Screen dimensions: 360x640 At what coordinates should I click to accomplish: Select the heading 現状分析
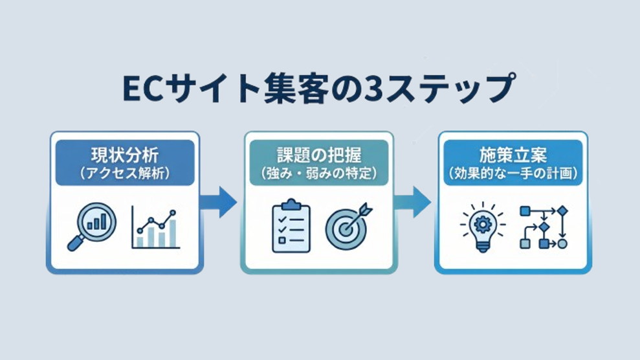(124, 155)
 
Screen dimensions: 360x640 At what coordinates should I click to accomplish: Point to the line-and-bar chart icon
(155, 228)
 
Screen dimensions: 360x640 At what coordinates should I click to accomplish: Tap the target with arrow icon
(348, 227)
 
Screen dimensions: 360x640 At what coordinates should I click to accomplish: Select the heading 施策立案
(513, 155)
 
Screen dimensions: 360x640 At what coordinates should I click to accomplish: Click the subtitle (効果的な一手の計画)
(513, 173)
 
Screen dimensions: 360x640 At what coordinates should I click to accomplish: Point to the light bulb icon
(481, 228)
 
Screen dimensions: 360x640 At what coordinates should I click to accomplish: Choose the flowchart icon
(544, 227)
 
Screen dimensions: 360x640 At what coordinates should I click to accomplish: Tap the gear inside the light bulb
(481, 223)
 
